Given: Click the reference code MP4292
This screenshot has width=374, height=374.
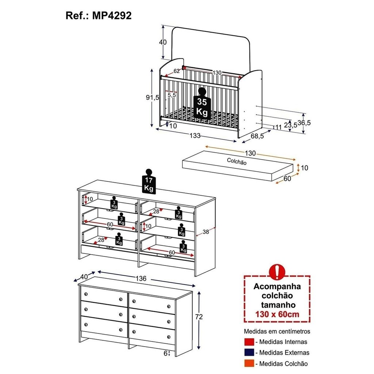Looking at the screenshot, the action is [x=112, y=15].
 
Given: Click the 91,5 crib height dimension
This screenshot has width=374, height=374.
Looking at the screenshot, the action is [x=152, y=97].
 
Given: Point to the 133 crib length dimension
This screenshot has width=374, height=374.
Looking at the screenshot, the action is [x=195, y=136].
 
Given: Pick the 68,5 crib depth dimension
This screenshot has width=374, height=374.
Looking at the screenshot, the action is [x=257, y=136].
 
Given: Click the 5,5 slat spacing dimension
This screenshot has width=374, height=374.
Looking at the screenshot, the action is [x=172, y=95].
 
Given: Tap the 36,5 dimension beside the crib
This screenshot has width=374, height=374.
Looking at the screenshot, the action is [x=304, y=123].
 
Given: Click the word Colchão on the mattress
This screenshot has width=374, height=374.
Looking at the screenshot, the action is [x=237, y=161].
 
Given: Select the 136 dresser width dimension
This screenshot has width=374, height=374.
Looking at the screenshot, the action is [x=141, y=278].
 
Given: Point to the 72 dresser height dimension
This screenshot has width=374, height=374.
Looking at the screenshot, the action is [x=199, y=317].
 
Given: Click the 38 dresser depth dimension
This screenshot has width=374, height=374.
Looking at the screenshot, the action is [x=206, y=232].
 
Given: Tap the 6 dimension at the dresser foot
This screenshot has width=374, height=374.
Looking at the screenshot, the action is [x=165, y=353].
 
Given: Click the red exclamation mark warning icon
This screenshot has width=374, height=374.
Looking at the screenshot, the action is [x=277, y=272].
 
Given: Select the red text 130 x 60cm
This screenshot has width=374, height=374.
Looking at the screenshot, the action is [x=277, y=314].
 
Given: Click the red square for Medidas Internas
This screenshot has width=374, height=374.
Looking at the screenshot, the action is [x=249, y=341].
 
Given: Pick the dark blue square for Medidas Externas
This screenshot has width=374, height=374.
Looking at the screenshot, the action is [x=249, y=352].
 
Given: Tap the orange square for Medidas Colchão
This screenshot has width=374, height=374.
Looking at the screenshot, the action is [x=249, y=363].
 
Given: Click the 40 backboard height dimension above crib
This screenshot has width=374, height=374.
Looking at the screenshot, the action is [x=163, y=42].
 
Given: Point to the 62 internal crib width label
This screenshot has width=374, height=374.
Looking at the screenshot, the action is [x=176, y=71].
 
